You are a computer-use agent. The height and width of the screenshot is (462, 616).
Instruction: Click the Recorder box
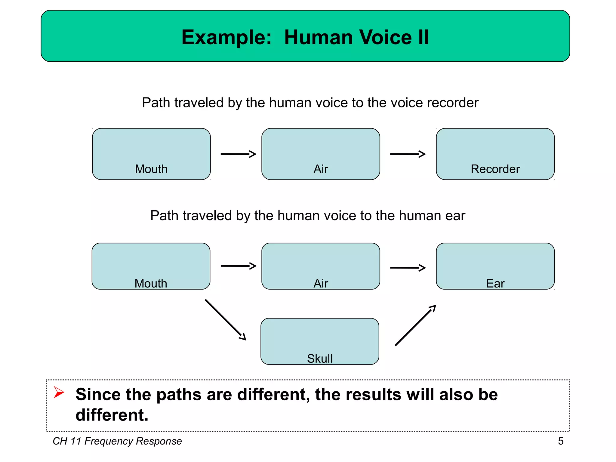[495, 154]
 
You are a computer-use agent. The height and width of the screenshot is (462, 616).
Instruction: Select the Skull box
[320, 341]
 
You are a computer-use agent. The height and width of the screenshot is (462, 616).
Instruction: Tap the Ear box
[495, 266]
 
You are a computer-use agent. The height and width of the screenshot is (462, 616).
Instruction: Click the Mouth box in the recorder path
[151, 154]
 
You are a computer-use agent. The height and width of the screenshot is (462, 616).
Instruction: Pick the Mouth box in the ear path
[151, 266]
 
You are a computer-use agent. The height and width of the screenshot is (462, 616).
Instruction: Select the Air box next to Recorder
[321, 154]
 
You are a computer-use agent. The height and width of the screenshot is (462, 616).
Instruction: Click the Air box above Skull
[321, 266]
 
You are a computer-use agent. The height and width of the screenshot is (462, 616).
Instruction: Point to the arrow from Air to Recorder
[408, 154]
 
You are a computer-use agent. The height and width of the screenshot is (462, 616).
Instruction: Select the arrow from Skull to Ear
[415, 325]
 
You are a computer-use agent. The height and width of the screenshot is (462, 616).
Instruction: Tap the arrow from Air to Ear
[408, 267]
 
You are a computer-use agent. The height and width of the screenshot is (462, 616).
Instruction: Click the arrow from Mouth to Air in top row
[238, 154]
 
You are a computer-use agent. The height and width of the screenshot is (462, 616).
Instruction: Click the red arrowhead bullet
[59, 392]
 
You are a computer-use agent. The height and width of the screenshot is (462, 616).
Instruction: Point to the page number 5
[561, 441]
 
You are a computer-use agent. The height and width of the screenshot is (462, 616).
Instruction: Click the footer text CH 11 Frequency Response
[117, 441]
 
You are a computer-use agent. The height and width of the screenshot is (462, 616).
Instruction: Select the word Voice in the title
[385, 38]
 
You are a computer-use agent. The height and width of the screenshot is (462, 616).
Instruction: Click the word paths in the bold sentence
[179, 395]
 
